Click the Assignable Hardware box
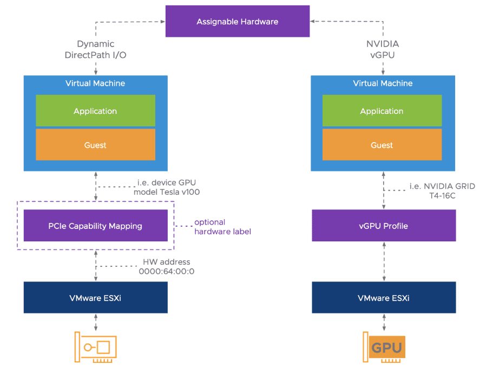237,22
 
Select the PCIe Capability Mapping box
96,226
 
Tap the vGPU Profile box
384,226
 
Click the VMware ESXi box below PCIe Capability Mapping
96,298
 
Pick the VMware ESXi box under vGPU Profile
384,298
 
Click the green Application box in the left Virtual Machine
95,111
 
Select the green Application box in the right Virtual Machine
382,111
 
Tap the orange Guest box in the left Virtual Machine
95,145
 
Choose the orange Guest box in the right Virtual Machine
382,145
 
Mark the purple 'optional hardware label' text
222,227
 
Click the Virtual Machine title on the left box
95,84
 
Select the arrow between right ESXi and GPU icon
384,323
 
